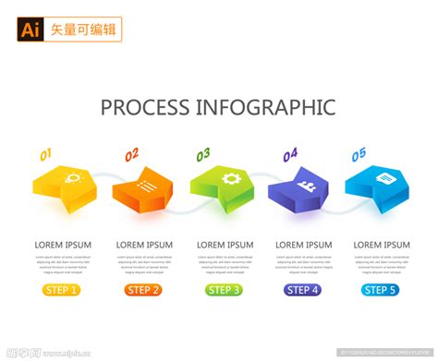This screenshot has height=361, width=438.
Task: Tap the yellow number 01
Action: click(x=45, y=154)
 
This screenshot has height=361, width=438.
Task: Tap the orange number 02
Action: click(x=131, y=154)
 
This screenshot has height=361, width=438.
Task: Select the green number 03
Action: click(x=202, y=153)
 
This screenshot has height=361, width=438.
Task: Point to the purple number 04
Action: click(x=290, y=154)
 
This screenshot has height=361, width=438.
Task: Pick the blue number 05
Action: click(x=359, y=154)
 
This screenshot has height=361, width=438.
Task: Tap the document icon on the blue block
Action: click(x=385, y=176)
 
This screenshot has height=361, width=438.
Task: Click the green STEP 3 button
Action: click(x=225, y=290)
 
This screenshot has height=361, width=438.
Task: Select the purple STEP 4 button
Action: click(x=303, y=290)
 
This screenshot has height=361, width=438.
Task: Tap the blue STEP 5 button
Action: click(x=381, y=290)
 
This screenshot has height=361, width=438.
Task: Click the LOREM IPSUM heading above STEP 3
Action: click(x=225, y=245)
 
